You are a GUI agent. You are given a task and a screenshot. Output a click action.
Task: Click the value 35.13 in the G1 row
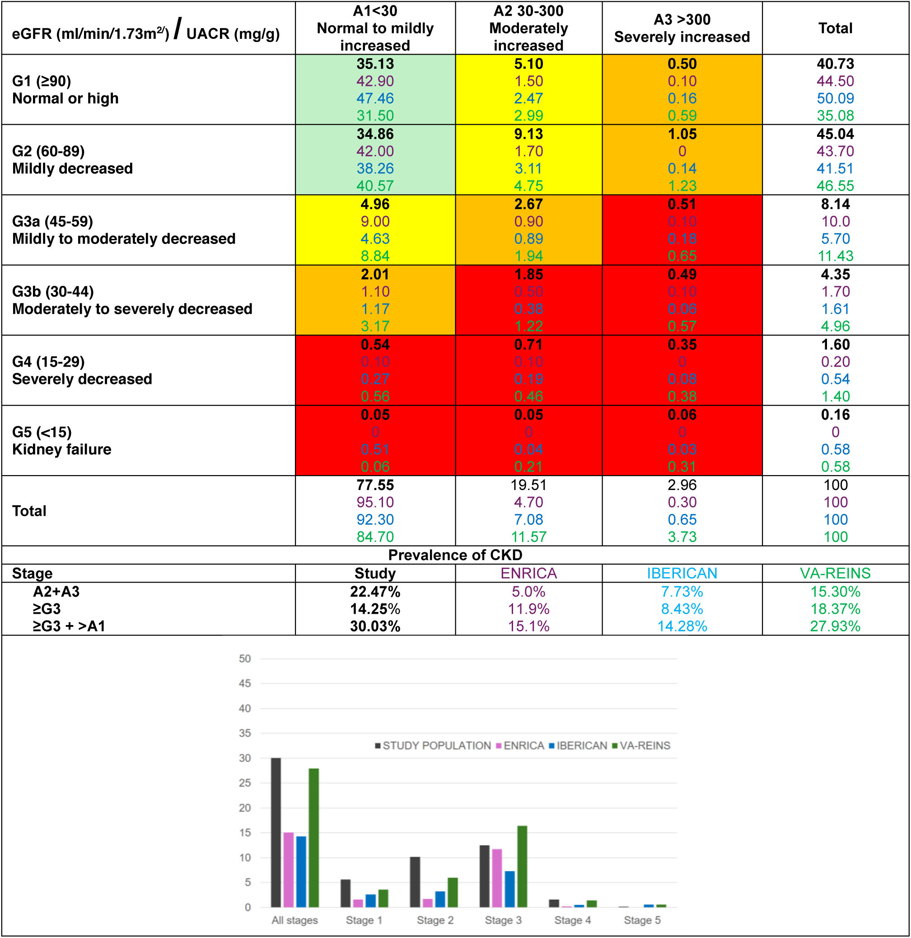375,64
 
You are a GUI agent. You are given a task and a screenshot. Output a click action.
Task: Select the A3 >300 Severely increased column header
681,28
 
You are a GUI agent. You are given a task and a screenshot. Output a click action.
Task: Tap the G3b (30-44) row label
53,291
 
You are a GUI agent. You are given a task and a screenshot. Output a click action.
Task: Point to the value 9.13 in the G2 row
528,134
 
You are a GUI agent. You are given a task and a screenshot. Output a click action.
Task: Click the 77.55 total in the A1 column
375,485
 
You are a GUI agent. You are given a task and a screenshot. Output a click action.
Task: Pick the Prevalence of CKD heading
455,555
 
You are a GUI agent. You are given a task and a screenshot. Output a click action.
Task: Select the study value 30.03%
375,626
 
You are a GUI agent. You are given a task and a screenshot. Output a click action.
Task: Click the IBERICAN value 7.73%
681,592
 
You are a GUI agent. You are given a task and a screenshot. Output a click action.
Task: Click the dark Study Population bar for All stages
276,833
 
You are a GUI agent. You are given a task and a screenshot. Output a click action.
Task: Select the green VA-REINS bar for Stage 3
522,866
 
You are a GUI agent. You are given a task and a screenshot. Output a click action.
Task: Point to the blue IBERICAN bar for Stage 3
509,889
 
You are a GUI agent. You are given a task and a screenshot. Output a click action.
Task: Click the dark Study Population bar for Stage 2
415,882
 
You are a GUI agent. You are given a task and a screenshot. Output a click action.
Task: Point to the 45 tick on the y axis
245,683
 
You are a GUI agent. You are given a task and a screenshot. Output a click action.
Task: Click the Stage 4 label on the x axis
572,920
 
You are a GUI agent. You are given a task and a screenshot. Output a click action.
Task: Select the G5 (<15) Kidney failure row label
61,441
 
